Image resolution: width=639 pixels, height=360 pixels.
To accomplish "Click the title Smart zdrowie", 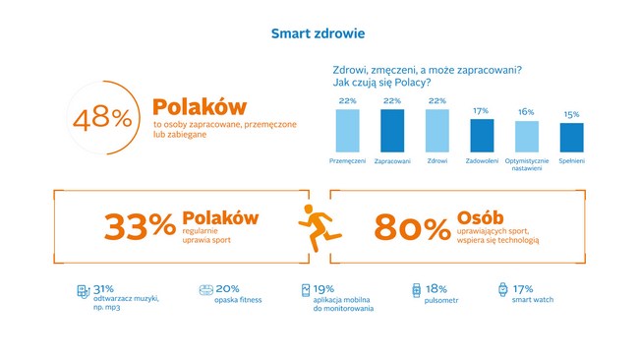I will tap(319, 34).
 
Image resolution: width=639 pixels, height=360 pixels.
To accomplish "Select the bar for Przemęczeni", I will tap(347, 129).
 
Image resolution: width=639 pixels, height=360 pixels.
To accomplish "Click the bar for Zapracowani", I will tap(392, 129).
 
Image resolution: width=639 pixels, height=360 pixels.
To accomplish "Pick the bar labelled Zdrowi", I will tap(437, 129).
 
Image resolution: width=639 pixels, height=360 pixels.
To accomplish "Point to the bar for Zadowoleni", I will tap(482, 134).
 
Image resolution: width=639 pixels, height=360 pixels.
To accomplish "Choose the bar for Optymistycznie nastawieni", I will tap(527, 135).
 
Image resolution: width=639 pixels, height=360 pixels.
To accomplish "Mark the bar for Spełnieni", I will tap(571, 136).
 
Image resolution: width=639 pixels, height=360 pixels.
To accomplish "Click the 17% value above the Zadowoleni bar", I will tap(482, 110).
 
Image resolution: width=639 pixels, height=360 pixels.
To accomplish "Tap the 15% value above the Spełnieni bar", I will tap(571, 114).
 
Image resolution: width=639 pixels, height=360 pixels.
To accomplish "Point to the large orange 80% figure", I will tap(412, 228).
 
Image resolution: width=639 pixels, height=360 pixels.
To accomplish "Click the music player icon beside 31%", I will tap(83, 291).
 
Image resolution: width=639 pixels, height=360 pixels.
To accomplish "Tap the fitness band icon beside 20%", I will tap(205, 291).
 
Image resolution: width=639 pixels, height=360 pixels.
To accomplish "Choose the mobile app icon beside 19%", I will tap(306, 291).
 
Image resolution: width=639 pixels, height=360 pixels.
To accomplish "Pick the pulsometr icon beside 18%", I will tap(416, 291).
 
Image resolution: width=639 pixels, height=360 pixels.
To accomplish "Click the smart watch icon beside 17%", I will tap(503, 291).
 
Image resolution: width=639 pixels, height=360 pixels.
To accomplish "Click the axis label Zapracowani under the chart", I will tap(392, 159).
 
